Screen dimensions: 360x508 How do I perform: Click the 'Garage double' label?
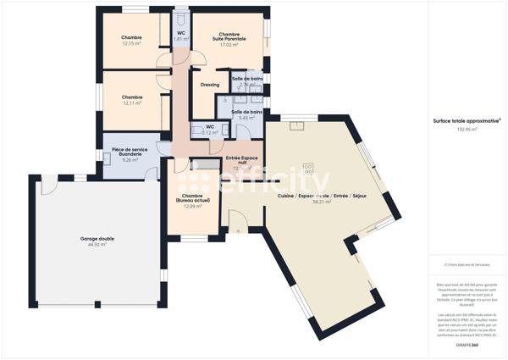(x=97, y=239)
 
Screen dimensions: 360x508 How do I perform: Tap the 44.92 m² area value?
(x=97, y=245)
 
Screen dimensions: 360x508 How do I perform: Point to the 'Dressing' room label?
(x=210, y=85)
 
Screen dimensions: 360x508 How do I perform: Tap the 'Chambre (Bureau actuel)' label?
(x=192, y=199)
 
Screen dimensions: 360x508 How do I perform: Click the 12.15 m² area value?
(x=131, y=43)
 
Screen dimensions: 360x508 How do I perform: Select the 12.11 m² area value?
(x=131, y=102)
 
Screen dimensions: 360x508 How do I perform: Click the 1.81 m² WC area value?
(x=181, y=39)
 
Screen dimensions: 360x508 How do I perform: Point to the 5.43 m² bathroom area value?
(x=247, y=118)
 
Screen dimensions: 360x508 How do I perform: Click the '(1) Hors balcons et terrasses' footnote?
(x=456, y=264)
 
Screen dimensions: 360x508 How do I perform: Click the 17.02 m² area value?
(x=226, y=44)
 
